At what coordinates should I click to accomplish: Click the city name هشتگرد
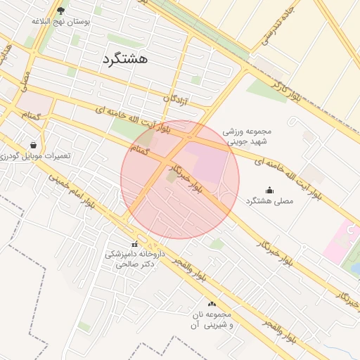(x=124, y=59)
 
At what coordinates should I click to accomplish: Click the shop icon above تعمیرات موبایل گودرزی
(x=33, y=144)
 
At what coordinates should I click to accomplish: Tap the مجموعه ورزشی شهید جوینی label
(x=247, y=136)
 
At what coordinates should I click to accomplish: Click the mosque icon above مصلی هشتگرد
(x=269, y=190)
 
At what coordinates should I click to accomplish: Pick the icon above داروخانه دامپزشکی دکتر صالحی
(x=134, y=244)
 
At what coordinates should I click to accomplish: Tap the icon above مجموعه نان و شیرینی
(x=212, y=303)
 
